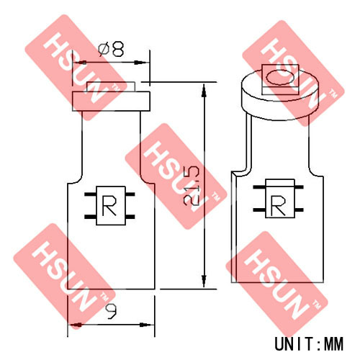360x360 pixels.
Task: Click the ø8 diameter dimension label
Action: (112, 50)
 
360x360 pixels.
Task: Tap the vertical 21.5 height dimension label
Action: (191, 186)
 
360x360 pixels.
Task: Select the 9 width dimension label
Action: (112, 312)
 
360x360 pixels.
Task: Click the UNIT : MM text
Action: (309, 343)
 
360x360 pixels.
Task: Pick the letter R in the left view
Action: (109, 205)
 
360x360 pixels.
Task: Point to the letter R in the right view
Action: (279, 204)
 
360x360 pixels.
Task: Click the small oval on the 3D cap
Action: (280, 77)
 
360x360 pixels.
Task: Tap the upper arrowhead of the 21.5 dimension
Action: (204, 90)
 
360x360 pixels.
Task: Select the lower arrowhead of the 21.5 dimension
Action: (204, 281)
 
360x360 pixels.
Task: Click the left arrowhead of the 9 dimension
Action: (74, 325)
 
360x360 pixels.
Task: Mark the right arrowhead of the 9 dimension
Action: (147, 325)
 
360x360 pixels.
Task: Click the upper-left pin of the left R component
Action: (90, 194)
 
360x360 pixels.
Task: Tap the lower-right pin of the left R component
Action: (130, 217)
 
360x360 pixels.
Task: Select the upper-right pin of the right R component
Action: (300, 187)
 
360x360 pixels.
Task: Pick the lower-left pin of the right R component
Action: (259, 210)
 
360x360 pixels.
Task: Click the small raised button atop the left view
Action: (111, 86)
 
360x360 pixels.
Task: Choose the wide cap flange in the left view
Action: (112, 102)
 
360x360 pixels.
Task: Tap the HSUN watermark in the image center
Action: (176, 176)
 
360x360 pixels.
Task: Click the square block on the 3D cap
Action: (280, 80)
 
